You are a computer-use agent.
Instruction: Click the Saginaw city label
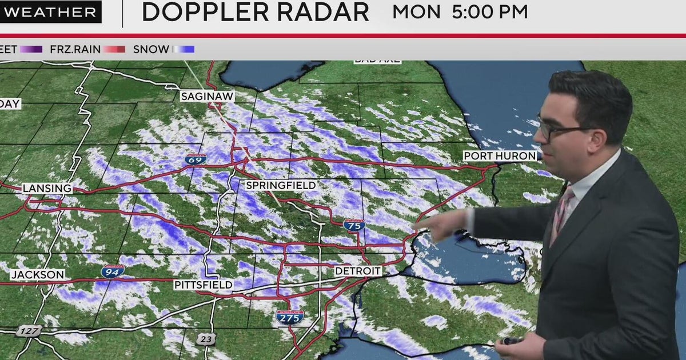(207, 97)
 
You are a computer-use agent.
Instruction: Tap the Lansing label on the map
(47, 188)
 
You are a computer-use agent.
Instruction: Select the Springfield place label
(281, 185)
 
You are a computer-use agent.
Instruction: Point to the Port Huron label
(500, 155)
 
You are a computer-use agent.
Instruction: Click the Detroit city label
(358, 270)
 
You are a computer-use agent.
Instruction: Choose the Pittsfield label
(204, 284)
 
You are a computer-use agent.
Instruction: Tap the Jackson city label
(38, 275)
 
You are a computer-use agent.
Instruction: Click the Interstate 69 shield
(196, 159)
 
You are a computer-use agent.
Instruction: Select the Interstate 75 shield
(354, 225)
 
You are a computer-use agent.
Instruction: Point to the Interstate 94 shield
(113, 271)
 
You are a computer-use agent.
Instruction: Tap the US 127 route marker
(26, 331)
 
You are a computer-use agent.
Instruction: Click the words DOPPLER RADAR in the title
(255, 12)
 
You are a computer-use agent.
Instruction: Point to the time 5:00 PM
(489, 12)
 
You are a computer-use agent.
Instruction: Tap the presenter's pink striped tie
(560, 214)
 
